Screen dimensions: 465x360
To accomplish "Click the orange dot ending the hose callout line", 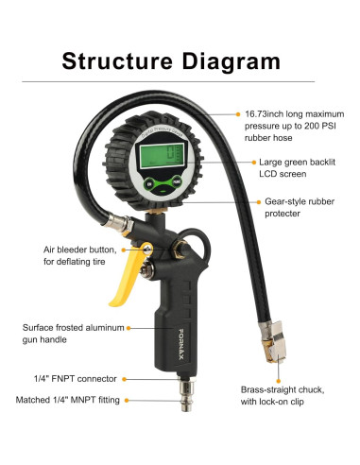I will [x=236, y=113].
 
